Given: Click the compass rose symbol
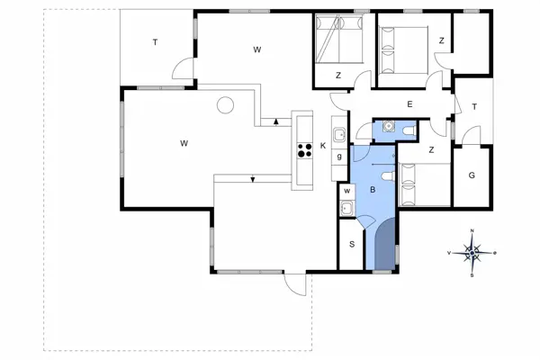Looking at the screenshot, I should tap(472, 253).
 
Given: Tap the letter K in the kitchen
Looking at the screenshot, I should tap(323, 146).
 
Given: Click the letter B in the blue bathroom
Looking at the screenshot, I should tap(372, 190).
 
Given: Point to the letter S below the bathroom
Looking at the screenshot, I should tap(352, 244).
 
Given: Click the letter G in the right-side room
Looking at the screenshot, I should tap(471, 175).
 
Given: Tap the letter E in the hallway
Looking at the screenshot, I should tap(409, 105).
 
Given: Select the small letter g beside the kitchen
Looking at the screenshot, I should tap(338, 157).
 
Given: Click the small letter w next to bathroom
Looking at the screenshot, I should tap(346, 191).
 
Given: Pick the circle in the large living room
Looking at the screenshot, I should tap(225, 105).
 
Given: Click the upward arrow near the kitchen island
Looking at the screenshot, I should tap(274, 121).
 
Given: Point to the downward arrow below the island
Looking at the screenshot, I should tap(253, 178).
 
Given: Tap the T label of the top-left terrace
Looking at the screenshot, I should tap(155, 42).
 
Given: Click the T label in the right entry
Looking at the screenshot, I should tap(473, 106).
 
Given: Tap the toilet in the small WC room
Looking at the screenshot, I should tap(409, 131).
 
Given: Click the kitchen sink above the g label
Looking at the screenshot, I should tap(338, 136).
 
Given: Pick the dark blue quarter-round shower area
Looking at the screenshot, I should tap(384, 249).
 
